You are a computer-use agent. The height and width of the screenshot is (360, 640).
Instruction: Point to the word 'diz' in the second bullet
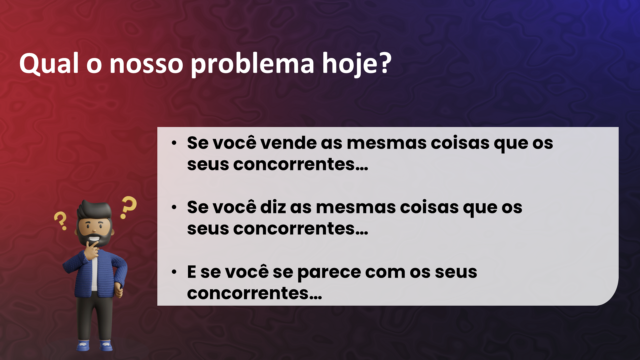[x=273, y=207]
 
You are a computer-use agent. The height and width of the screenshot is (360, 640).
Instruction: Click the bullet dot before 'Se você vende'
[x=174, y=143]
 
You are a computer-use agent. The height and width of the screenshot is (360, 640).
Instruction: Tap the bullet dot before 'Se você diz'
[x=174, y=208]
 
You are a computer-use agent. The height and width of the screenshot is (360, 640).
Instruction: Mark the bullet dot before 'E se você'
[x=174, y=272]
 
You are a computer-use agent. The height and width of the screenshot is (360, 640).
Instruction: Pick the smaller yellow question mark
[x=60, y=220]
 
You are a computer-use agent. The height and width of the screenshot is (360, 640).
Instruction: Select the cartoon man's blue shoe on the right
[x=106, y=345]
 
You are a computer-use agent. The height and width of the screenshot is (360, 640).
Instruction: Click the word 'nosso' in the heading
[x=146, y=64]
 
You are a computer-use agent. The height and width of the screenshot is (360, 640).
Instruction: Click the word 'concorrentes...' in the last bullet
[x=255, y=293]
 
